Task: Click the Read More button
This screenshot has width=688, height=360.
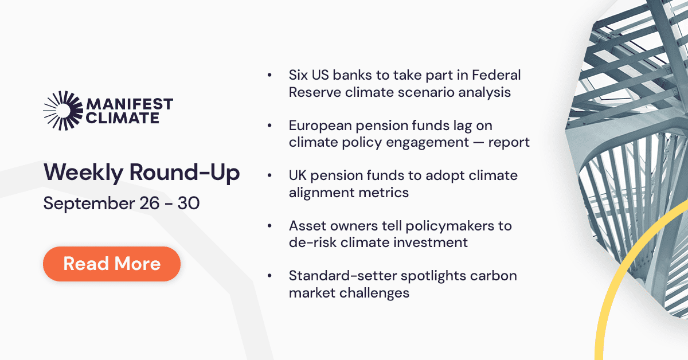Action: tap(112, 264)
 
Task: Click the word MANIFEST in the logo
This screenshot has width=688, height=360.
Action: tap(129, 105)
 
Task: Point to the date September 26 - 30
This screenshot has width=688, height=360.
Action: tap(122, 204)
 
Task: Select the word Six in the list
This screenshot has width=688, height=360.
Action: tap(300, 75)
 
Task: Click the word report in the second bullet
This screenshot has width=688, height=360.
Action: tap(509, 142)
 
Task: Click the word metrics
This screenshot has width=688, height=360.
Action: tap(381, 193)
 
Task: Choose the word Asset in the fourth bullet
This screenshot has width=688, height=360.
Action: tap(307, 226)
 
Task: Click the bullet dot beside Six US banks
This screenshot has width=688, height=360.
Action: tap(269, 76)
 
